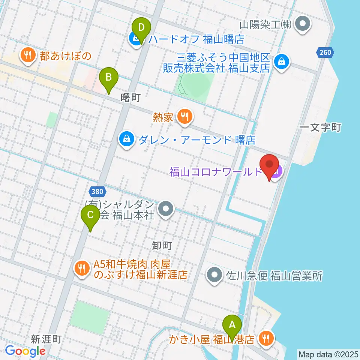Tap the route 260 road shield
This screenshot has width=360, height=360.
click(325, 52)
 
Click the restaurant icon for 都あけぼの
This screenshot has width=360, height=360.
click(27, 56)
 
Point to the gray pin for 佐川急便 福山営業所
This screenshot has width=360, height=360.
click(215, 276)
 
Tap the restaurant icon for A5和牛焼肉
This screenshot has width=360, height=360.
click(81, 268)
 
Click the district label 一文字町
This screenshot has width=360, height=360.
click(320, 127)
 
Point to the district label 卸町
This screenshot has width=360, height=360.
click(162, 246)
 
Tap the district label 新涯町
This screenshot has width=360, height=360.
click(46, 339)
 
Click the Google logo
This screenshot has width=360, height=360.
click(25, 351)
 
